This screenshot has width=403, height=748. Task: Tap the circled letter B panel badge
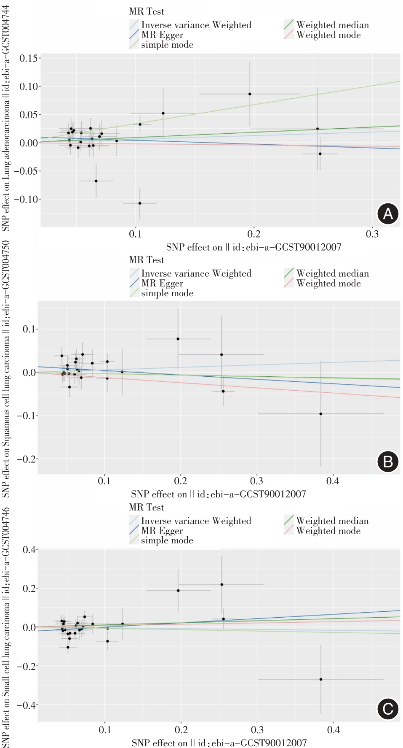point(387,462)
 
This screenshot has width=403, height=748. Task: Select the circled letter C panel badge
point(387,709)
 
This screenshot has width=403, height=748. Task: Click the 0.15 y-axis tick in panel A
point(28,58)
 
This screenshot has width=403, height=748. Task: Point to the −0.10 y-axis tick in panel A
point(26,199)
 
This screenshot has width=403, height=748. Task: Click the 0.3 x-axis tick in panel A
point(372,234)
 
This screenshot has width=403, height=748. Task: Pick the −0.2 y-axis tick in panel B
point(26,459)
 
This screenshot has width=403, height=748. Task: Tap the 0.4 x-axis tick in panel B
point(333,481)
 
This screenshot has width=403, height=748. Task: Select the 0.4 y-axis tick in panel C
point(29,550)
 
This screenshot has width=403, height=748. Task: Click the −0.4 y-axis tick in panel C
point(26,705)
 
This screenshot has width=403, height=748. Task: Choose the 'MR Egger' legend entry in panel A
point(162,35)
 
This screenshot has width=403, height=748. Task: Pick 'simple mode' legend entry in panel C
point(167,540)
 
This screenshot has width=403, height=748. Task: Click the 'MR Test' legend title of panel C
point(146,507)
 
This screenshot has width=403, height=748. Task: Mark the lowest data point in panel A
point(140,203)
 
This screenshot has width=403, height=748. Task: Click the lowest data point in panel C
point(321,679)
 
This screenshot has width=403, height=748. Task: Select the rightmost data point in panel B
point(321,414)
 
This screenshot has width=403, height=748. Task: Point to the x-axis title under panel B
point(218,494)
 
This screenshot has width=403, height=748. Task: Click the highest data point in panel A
point(250,94)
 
